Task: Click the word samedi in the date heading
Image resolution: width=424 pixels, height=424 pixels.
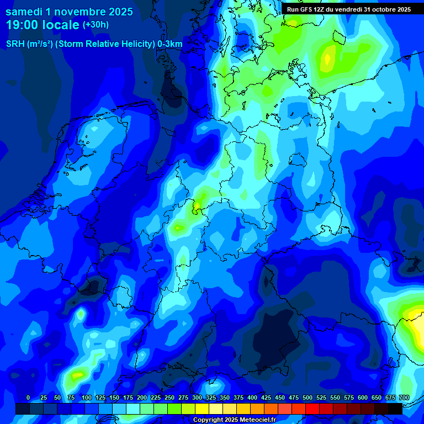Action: pos(25,12)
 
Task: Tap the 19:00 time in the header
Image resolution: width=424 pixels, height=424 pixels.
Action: pos(22,25)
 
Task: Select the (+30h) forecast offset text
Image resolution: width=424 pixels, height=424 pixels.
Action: pos(96,25)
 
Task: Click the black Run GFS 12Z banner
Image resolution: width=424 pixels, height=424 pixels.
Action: pos(348,9)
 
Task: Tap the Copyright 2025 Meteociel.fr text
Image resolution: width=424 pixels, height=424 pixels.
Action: pos(234,420)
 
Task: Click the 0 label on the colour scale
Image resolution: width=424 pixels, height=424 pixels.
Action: pos(28,397)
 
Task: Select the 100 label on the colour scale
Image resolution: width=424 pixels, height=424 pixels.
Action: pos(86,397)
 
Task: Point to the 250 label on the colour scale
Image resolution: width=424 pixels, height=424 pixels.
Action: pos(169,397)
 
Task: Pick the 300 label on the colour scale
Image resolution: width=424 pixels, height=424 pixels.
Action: pos(197,397)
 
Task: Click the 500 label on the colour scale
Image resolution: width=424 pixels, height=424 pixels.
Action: pos(308,397)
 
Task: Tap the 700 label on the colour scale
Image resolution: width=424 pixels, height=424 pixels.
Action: pos(404,397)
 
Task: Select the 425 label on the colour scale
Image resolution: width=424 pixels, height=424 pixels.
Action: pos(266,397)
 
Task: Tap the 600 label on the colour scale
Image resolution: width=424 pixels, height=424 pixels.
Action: pos(363,397)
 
